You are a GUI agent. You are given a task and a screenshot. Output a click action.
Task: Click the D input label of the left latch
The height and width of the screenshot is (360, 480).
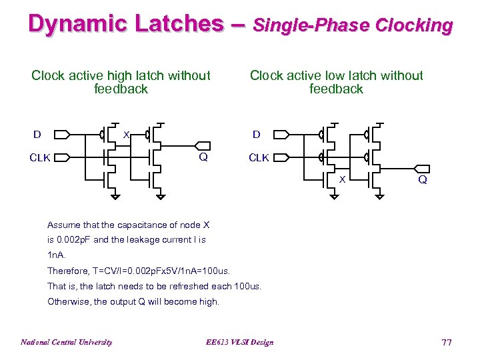point(37,135)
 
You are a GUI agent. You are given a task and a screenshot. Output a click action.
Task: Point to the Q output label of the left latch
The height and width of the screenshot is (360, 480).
point(203,158)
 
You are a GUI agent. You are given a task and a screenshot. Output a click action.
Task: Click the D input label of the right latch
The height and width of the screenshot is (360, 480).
point(256,135)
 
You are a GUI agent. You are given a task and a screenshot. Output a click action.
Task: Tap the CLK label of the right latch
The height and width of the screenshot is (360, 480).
point(259,158)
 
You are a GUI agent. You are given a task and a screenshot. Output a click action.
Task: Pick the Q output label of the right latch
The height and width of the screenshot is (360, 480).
point(423,180)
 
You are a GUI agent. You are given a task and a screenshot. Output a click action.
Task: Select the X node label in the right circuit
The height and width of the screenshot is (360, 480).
point(343,180)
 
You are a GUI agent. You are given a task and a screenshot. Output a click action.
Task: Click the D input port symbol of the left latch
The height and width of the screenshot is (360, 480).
point(61,135)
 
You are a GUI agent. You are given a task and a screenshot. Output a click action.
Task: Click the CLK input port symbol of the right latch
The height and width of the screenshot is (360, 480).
point(280,158)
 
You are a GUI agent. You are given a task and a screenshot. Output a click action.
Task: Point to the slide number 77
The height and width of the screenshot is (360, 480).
point(446,342)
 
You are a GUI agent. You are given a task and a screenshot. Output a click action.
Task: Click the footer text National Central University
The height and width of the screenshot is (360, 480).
point(66,342)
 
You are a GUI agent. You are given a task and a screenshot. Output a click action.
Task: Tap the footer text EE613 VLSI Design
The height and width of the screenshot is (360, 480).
point(239,342)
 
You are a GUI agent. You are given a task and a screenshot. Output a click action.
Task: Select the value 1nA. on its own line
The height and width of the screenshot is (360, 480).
point(57,255)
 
